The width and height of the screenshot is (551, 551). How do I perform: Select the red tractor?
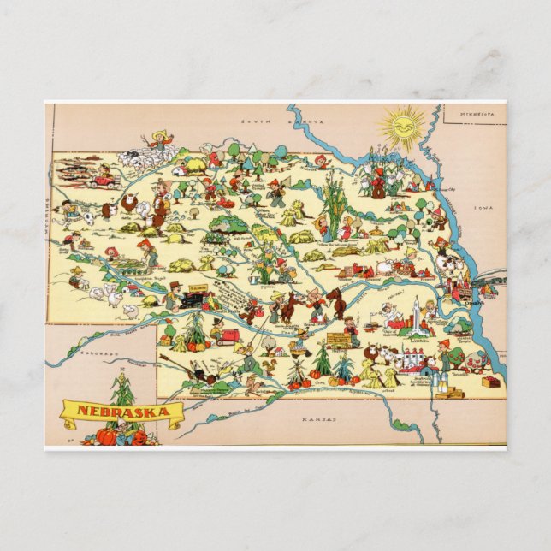pyautogui.click(x=228, y=336)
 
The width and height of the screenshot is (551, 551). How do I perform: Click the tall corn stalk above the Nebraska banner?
pyautogui.click(x=123, y=389)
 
